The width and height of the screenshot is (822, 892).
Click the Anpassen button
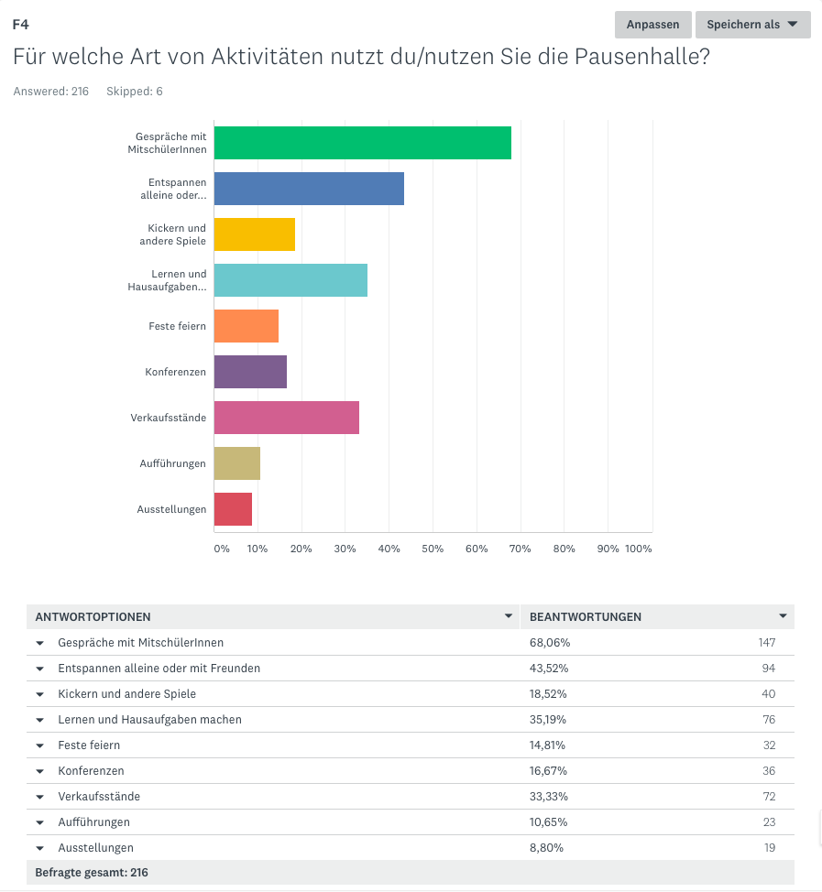pos(652,25)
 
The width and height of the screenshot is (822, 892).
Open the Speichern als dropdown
pos(751,25)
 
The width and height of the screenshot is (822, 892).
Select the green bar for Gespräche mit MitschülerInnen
pos(362,143)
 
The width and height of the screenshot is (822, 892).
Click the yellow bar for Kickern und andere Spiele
pos(254,234)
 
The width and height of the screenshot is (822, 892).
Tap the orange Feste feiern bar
pos(246,326)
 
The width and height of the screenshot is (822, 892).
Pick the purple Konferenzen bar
pos(250,372)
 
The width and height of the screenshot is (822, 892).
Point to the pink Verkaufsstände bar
pos(286,418)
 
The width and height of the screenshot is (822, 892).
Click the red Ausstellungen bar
pos(233,509)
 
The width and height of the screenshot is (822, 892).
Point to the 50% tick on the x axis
pos(433,549)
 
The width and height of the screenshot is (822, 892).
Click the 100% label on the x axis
pos(638,549)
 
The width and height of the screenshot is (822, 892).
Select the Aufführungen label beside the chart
pos(172,463)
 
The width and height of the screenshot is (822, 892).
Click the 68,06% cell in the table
pos(550,643)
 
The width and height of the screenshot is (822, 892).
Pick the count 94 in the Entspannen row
pos(768,669)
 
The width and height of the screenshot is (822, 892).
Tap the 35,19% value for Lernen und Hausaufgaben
pos(549,720)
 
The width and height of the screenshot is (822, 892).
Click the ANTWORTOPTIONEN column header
pos(93,617)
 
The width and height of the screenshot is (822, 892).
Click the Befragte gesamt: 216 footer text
pos(92,873)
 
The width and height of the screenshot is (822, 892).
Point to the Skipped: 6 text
pos(135,92)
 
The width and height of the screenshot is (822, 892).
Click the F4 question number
pos(20,25)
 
